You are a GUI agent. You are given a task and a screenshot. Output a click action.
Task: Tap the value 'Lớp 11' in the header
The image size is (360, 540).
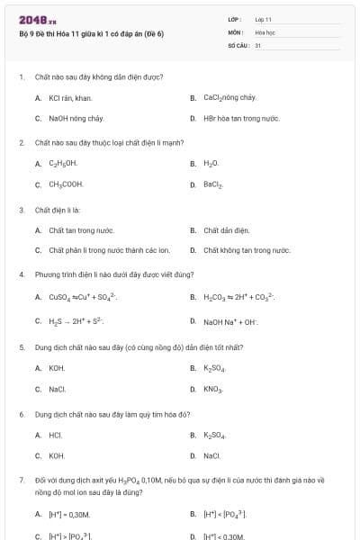(x=264, y=18)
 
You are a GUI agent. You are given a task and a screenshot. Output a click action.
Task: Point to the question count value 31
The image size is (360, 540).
(x=258, y=43)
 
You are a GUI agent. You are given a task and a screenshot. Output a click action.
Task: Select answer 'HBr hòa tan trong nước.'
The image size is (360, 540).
(x=241, y=118)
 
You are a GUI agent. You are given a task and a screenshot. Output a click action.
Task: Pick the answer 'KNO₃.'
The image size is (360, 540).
(x=213, y=389)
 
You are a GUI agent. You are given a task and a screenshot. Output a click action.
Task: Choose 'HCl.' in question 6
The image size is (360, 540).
(x=55, y=435)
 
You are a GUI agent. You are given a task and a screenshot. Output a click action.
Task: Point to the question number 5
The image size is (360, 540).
(x=22, y=346)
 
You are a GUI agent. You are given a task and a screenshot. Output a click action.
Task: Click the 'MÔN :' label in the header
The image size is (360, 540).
(x=236, y=31)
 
